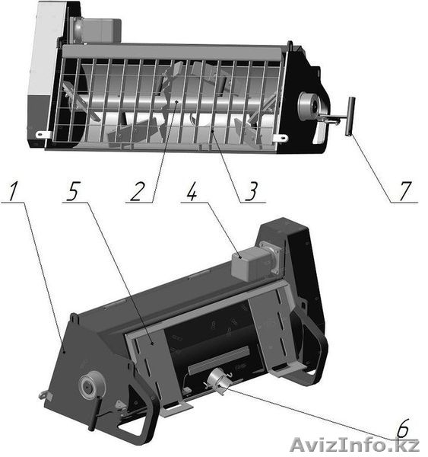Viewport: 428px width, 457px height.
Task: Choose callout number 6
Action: (404, 428)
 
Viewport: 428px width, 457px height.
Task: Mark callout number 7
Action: (406, 191)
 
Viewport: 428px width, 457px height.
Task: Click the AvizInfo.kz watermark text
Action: (355, 446)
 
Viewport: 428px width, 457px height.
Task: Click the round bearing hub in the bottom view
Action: (89, 385)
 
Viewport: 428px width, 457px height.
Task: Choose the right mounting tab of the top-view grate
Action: (280, 138)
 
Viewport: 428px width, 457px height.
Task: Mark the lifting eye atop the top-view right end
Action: (290, 45)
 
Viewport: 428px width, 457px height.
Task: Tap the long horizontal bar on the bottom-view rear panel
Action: (219, 360)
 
